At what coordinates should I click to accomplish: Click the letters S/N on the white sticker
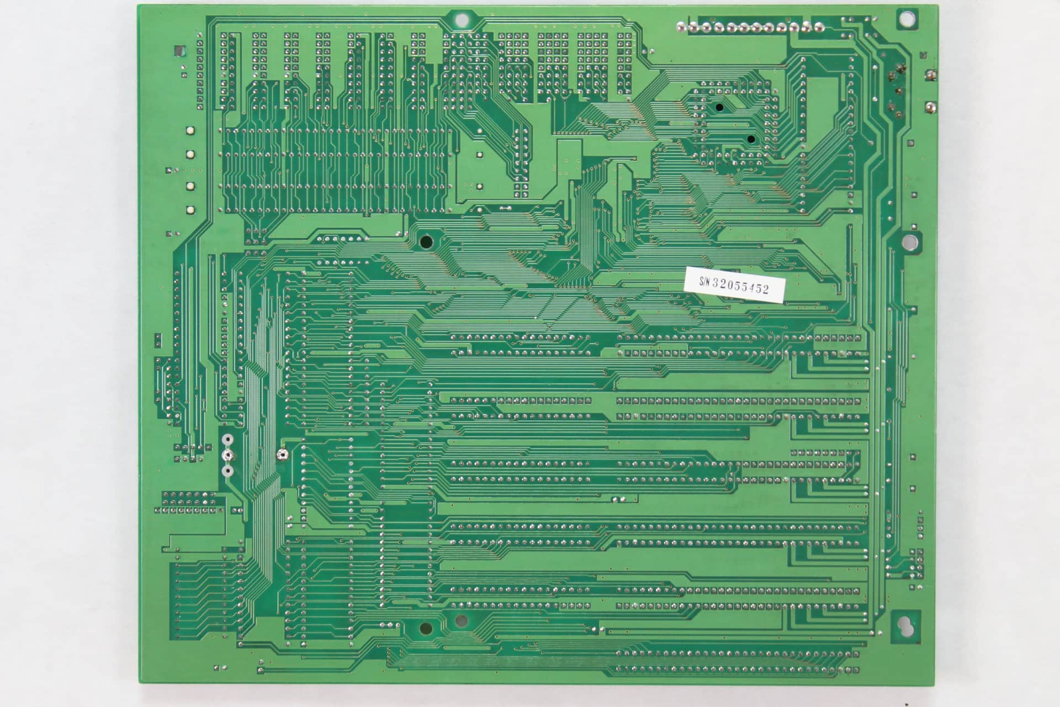click(x=704, y=281)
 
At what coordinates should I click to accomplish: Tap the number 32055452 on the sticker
click(x=740, y=286)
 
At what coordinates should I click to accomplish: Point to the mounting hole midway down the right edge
click(x=908, y=241)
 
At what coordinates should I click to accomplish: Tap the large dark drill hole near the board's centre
click(x=426, y=241)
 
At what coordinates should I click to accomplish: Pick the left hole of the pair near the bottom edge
click(x=426, y=628)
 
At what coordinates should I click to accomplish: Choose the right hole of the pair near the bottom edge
click(x=460, y=621)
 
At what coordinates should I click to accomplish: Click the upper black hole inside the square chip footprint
click(x=719, y=107)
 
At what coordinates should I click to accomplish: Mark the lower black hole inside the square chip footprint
click(x=751, y=139)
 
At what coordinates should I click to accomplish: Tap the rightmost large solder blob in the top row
click(x=818, y=26)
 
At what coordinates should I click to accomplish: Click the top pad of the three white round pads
click(x=227, y=440)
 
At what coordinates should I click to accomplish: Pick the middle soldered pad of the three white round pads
click(x=227, y=456)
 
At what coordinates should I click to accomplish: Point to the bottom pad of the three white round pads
click(x=227, y=471)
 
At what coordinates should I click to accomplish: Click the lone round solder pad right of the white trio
click(x=282, y=455)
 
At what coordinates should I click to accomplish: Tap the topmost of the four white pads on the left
click(x=190, y=131)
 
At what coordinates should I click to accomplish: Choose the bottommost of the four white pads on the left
click(x=190, y=210)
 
